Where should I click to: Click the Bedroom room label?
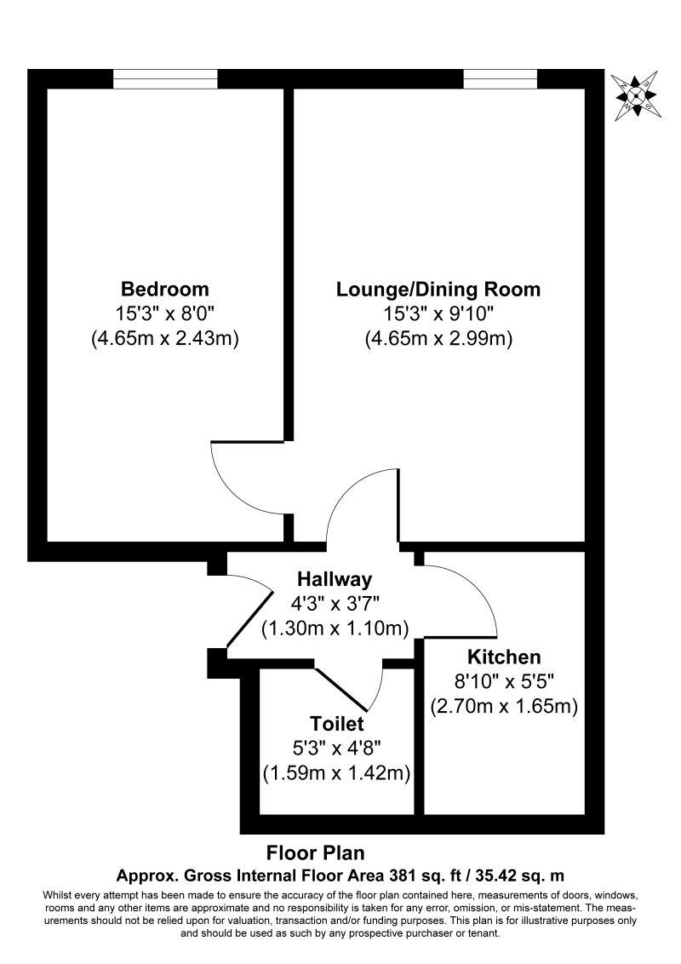tap(165, 289)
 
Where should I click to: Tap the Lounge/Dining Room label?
tap(438, 289)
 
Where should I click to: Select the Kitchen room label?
tap(504, 657)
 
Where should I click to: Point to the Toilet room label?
tap(337, 724)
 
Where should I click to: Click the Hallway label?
tap(335, 579)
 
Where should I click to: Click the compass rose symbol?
tap(636, 95)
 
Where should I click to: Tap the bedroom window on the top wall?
tap(165, 78)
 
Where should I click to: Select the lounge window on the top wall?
tap(501, 78)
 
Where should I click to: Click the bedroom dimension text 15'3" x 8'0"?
tap(165, 314)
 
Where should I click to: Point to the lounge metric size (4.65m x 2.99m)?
tap(438, 339)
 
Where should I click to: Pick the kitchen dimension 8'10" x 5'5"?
tap(504, 682)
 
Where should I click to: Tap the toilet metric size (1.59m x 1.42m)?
tap(337, 772)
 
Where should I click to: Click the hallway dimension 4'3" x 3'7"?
tap(335, 605)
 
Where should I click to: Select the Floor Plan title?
tap(315, 853)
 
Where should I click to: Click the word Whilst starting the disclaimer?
tap(55, 894)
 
